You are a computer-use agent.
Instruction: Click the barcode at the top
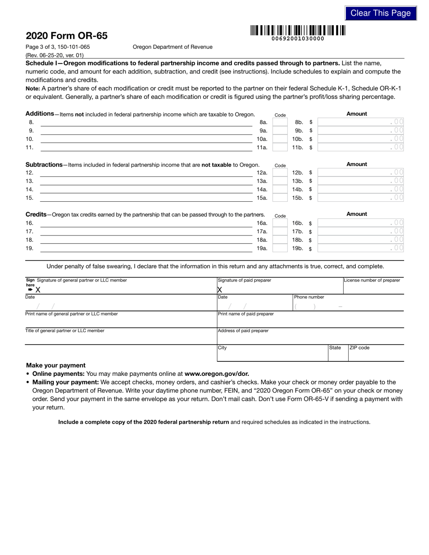pos(298,31)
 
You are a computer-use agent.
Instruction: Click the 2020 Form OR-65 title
pos(66,36)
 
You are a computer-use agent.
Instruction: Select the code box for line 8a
pos(280,122)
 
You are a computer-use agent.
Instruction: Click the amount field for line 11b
pos(360,147)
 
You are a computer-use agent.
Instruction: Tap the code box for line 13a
pos(280,181)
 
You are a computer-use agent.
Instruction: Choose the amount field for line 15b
pos(360,198)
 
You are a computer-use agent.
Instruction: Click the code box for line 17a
pos(280,231)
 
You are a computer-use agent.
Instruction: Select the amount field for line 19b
pos(360,248)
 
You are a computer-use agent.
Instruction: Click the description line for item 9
pos(146,131)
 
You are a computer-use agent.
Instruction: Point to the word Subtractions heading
pos(44,165)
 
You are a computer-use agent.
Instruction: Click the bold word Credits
pos(36,214)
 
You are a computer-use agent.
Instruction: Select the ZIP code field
pos(376,355)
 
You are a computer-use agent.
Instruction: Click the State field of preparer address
pos(338,355)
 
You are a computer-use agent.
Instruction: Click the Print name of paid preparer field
pos(310,322)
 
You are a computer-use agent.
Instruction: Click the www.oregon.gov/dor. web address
pos(217,374)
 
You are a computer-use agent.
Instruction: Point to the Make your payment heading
pos(56,365)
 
